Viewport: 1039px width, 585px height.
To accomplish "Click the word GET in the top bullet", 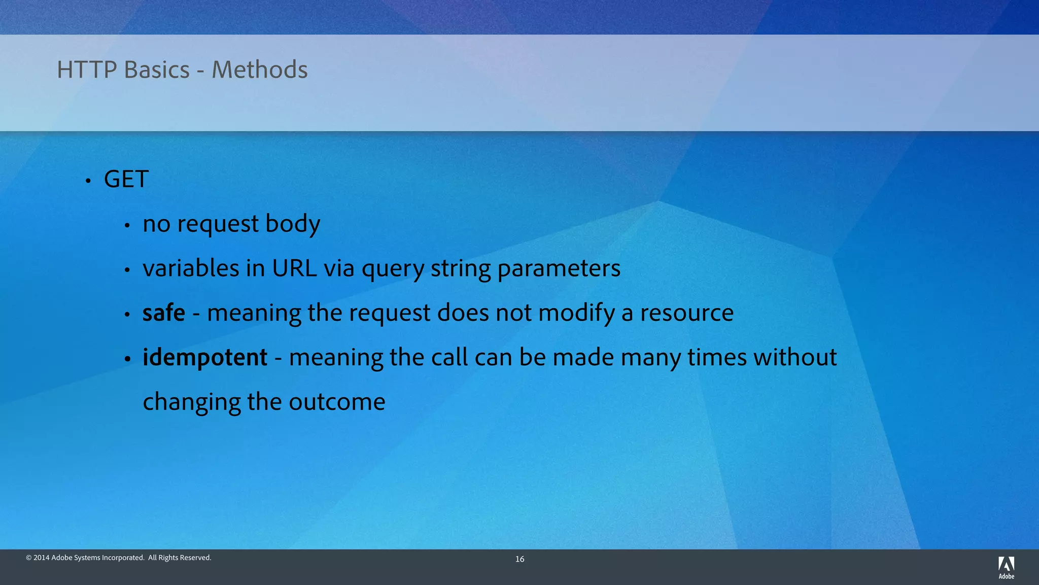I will (126, 179).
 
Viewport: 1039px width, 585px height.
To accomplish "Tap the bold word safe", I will (163, 313).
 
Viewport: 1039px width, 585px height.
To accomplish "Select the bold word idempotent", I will (204, 357).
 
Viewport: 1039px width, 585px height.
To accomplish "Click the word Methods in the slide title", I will (259, 70).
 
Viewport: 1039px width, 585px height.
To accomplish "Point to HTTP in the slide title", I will (87, 70).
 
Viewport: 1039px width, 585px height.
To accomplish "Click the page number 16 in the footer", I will (519, 559).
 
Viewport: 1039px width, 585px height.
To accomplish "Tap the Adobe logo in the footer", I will (1006, 568).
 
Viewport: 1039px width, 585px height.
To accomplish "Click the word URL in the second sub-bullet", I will (294, 268).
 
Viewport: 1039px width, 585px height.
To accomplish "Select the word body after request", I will (293, 224).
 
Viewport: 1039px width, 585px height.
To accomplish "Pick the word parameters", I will (559, 268).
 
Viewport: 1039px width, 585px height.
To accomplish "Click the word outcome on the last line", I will (337, 402).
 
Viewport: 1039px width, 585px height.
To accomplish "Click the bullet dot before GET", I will (88, 181).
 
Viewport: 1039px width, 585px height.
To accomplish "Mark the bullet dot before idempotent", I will (127, 359).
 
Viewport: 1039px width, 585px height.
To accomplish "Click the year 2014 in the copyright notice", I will (41, 558).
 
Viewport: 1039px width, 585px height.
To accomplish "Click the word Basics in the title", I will (157, 70).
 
